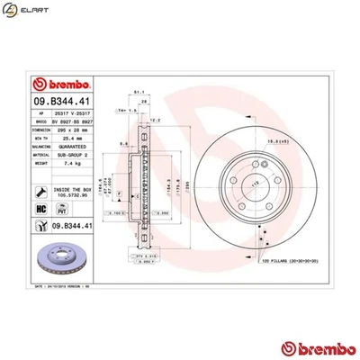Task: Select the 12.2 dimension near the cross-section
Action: point(154,120)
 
